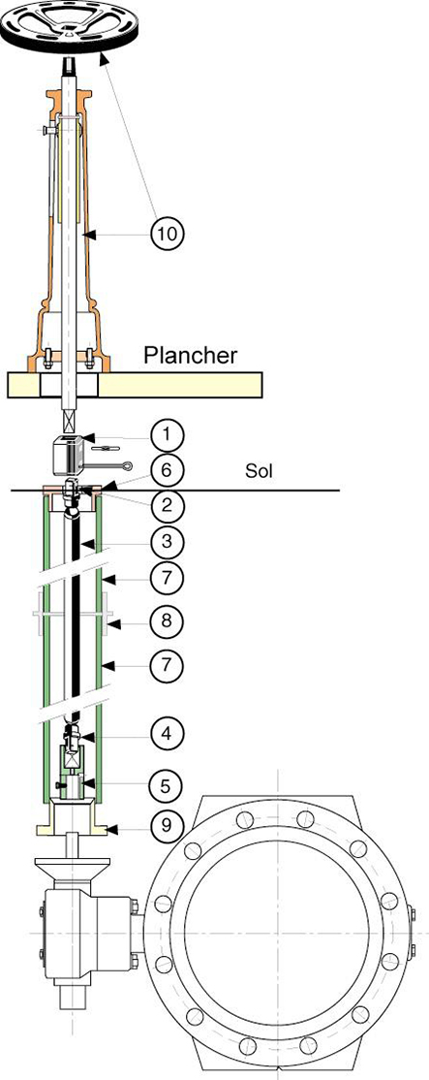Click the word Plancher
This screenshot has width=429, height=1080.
(190, 355)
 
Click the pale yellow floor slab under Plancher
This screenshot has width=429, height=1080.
(194, 384)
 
